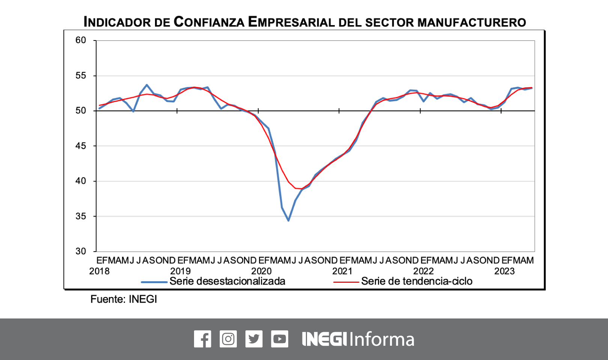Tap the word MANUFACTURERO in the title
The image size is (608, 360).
click(x=471, y=22)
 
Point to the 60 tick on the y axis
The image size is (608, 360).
click(x=81, y=40)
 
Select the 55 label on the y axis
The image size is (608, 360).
click(x=81, y=76)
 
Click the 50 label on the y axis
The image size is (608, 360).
click(x=81, y=111)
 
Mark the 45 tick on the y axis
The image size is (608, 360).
click(x=81, y=146)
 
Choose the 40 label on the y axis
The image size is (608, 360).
click(x=81, y=181)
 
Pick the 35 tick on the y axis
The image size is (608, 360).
click(x=81, y=216)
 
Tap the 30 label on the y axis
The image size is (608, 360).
click(x=81, y=251)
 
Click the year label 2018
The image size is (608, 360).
click(x=99, y=271)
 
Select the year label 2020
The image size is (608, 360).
click(x=262, y=271)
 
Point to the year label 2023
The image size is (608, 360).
click(x=504, y=271)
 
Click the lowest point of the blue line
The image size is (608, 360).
click(x=288, y=220)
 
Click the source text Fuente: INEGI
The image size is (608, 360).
click(x=123, y=299)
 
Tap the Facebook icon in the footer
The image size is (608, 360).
click(x=202, y=339)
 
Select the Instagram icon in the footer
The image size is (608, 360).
click(x=228, y=339)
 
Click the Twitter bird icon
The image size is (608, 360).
click(x=254, y=339)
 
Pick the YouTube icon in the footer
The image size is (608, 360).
click(x=280, y=339)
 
